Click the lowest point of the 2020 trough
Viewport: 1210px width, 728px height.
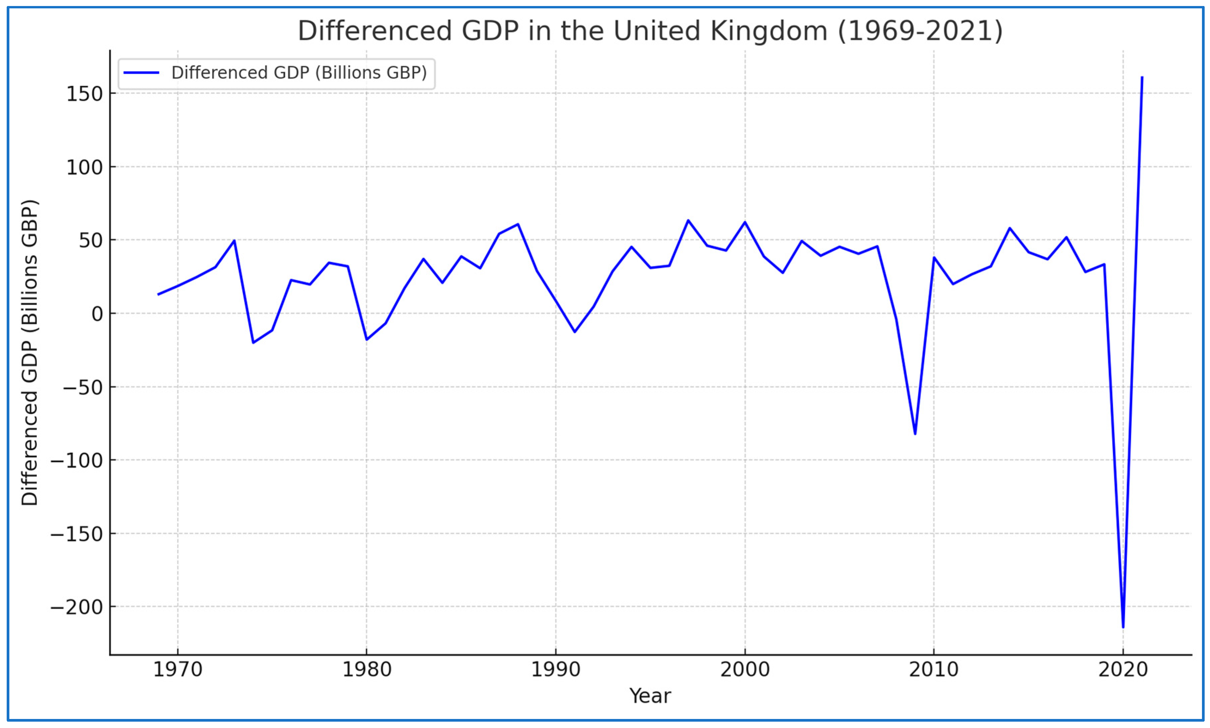tap(1123, 626)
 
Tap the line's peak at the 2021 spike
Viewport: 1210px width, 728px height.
tap(1142, 78)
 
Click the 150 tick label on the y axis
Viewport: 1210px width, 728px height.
tap(84, 94)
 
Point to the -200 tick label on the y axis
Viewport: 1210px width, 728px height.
tap(77, 607)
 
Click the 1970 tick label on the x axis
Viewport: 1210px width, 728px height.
tap(178, 669)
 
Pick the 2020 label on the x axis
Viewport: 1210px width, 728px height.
tap(1123, 669)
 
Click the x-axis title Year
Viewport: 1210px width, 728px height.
tap(650, 696)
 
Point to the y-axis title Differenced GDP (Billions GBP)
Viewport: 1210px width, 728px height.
tap(29, 352)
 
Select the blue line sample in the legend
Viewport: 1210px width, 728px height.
tap(141, 73)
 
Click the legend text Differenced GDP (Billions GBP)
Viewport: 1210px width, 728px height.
tap(299, 73)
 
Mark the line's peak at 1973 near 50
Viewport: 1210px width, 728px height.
tap(234, 240)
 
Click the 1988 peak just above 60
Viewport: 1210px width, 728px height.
tap(518, 224)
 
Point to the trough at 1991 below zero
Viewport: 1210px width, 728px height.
tap(575, 332)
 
